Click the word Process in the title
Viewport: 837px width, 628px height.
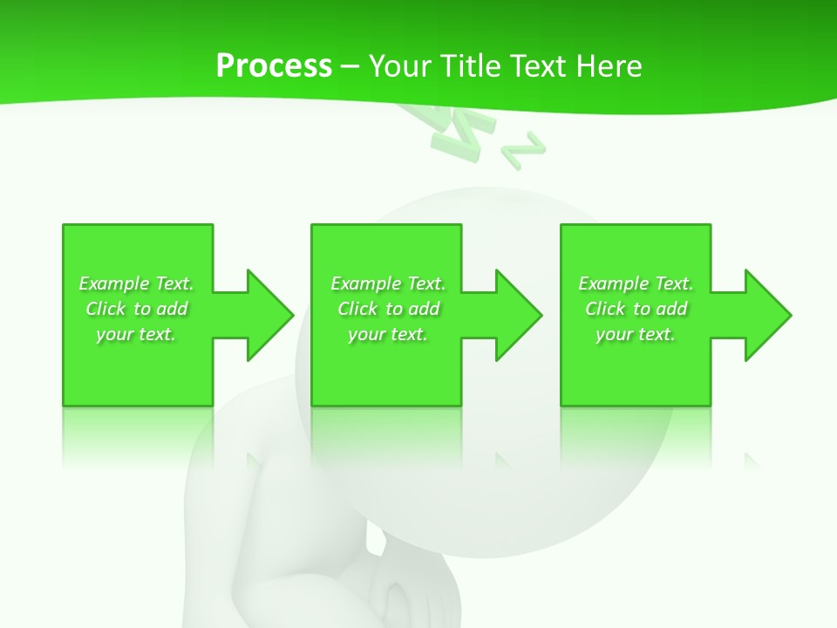click(274, 66)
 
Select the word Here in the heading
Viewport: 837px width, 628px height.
click(607, 66)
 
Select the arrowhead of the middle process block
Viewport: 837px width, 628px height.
click(517, 315)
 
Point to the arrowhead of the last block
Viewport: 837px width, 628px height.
click(766, 315)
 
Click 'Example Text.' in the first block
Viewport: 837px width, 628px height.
click(137, 283)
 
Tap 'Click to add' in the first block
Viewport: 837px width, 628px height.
click(137, 309)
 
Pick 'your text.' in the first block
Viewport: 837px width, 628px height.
click(137, 334)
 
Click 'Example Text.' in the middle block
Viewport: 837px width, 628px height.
click(388, 283)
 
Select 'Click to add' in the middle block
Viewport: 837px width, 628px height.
click(388, 309)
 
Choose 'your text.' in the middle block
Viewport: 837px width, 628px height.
click(388, 334)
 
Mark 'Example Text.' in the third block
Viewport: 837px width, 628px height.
click(636, 283)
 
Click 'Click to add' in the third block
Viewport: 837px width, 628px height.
click(636, 309)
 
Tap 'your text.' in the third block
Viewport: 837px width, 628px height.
click(636, 334)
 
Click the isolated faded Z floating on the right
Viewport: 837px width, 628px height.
click(524, 150)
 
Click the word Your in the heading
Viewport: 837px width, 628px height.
click(398, 66)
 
